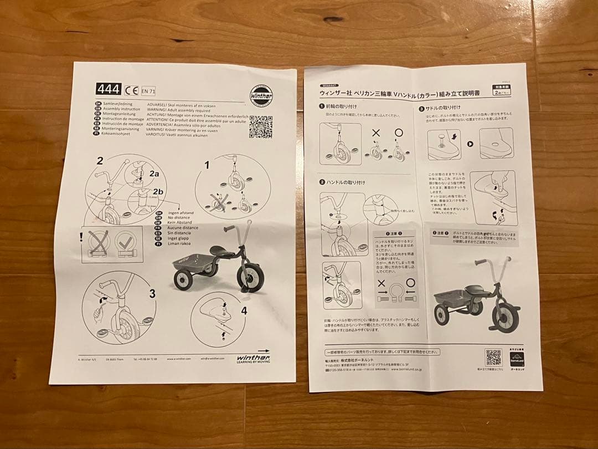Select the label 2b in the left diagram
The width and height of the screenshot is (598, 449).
158,193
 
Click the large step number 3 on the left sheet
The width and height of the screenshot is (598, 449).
151,293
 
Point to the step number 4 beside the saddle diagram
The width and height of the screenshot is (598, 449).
244,310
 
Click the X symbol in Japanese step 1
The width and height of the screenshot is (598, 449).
377,134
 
